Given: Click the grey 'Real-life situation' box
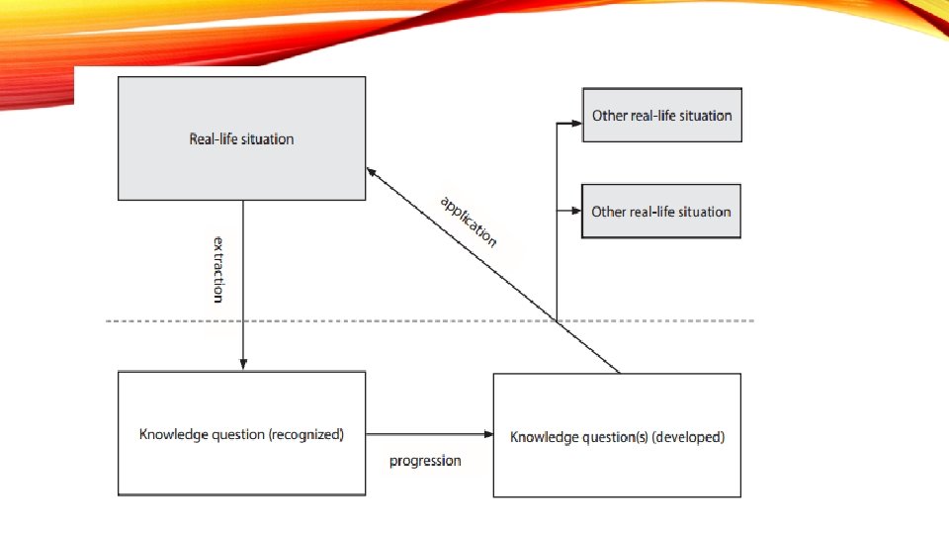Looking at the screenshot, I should (x=241, y=138).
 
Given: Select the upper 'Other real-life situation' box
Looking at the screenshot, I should (x=661, y=115).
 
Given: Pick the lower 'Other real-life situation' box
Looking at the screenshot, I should (x=661, y=211).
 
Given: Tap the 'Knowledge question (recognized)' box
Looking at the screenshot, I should (x=241, y=434).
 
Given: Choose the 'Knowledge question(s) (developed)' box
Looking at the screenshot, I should (x=617, y=436).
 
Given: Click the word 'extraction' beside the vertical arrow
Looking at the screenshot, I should (x=218, y=268).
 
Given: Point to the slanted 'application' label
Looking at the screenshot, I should (x=469, y=221).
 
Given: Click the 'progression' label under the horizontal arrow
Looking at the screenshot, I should (x=425, y=461).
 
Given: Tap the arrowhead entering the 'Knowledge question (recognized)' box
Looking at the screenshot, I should (x=243, y=364).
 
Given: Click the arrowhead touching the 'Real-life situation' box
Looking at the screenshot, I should (x=372, y=171).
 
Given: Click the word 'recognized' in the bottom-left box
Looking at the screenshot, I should (x=305, y=434).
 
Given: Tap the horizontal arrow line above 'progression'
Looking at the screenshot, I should (x=425, y=433).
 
